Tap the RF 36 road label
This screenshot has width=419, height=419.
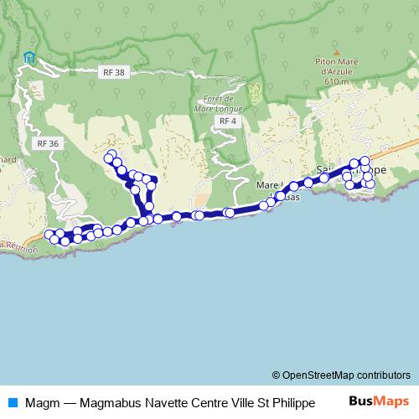pyautogui.click(x=48, y=143)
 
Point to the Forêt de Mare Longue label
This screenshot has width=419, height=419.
pyautogui.click(x=217, y=104)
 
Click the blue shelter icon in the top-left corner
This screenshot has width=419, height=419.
pyautogui.click(x=30, y=58)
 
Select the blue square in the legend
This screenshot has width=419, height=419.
pyautogui.click(x=13, y=401)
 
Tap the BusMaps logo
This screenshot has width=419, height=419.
pyautogui.click(x=379, y=401)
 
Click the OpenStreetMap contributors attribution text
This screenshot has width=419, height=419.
pyautogui.click(x=346, y=375)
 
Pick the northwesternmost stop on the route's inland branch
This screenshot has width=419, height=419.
pyautogui.click(x=108, y=157)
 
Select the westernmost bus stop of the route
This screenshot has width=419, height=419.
pyautogui.click(x=49, y=234)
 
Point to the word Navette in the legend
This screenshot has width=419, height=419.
pyautogui.click(x=169, y=401)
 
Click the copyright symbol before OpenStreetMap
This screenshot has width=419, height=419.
pyautogui.click(x=276, y=375)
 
